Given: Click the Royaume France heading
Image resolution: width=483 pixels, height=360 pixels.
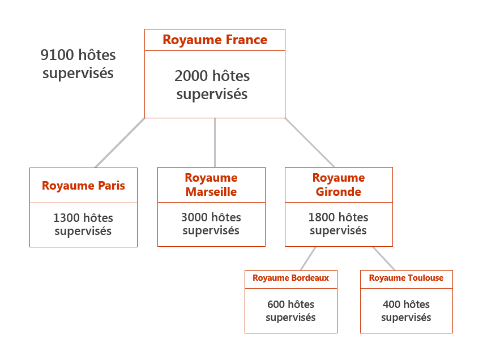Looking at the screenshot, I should pos(215,40).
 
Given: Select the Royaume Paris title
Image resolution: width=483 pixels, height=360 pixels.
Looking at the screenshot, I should pos(83,186).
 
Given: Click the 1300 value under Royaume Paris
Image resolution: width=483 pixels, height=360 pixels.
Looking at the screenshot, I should pos(66,218).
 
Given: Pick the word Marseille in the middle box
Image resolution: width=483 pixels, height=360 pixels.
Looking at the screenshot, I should pos(211,192).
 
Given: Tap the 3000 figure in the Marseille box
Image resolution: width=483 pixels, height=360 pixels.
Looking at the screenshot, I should pos(194,217).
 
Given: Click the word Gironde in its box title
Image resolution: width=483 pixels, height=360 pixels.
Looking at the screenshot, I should pos(339,192).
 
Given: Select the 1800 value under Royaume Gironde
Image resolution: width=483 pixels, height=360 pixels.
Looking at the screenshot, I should pos(322,217).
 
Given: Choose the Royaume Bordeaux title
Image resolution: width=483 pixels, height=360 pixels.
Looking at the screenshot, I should pos(290,278).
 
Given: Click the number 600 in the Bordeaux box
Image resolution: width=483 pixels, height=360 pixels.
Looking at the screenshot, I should pos(276,305).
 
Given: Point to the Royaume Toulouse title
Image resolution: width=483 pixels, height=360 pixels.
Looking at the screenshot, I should pos(406,278).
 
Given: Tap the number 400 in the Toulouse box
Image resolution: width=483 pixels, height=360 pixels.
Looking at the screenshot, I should pos(391,305).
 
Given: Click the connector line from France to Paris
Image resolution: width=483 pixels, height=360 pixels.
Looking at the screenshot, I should pos(119,143).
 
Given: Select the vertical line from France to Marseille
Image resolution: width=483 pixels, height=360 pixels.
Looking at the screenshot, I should pos(215,143).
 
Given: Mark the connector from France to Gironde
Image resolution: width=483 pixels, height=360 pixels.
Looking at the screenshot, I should pos(310,143).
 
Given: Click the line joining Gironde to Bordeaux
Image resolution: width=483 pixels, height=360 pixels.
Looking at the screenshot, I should pos(308,258).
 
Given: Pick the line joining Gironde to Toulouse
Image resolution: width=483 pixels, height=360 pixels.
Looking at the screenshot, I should pos(383,258).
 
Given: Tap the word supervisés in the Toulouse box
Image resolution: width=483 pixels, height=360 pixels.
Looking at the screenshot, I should pos(406,318).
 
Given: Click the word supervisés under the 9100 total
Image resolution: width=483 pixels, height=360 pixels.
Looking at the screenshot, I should pos(78,73).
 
